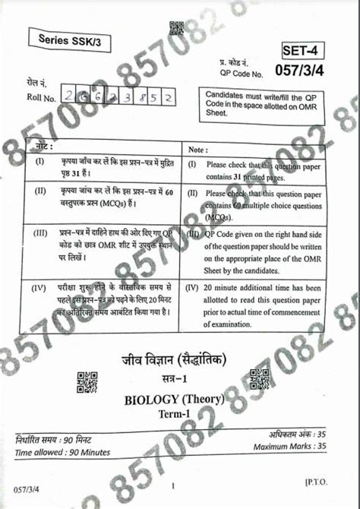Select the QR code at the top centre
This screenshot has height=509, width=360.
pos(176,30)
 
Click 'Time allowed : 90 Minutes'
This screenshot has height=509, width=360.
pos(62,453)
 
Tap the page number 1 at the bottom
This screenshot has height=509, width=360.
pos(173,486)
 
